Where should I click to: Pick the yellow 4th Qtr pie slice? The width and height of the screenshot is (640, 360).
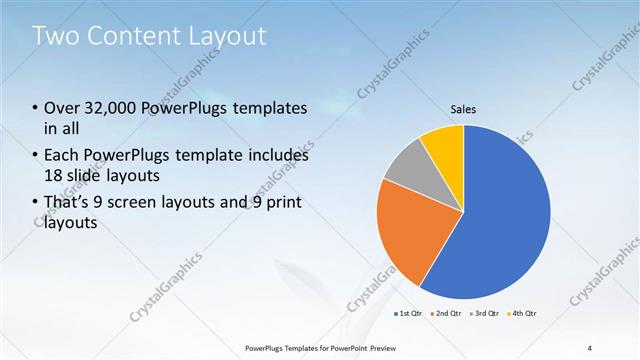tap(443, 145)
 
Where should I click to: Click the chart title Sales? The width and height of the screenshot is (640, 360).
tap(462, 109)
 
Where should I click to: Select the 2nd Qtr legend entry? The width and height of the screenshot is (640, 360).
tap(446, 313)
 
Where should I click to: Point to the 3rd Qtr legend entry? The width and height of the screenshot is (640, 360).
tap(482, 313)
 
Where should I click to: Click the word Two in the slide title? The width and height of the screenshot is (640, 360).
tap(55, 36)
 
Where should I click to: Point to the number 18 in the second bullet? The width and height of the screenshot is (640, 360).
tap(53, 176)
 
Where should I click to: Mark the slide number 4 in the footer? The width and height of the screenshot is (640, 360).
tap(589, 347)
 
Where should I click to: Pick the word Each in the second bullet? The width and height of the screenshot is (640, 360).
tap(62, 155)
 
